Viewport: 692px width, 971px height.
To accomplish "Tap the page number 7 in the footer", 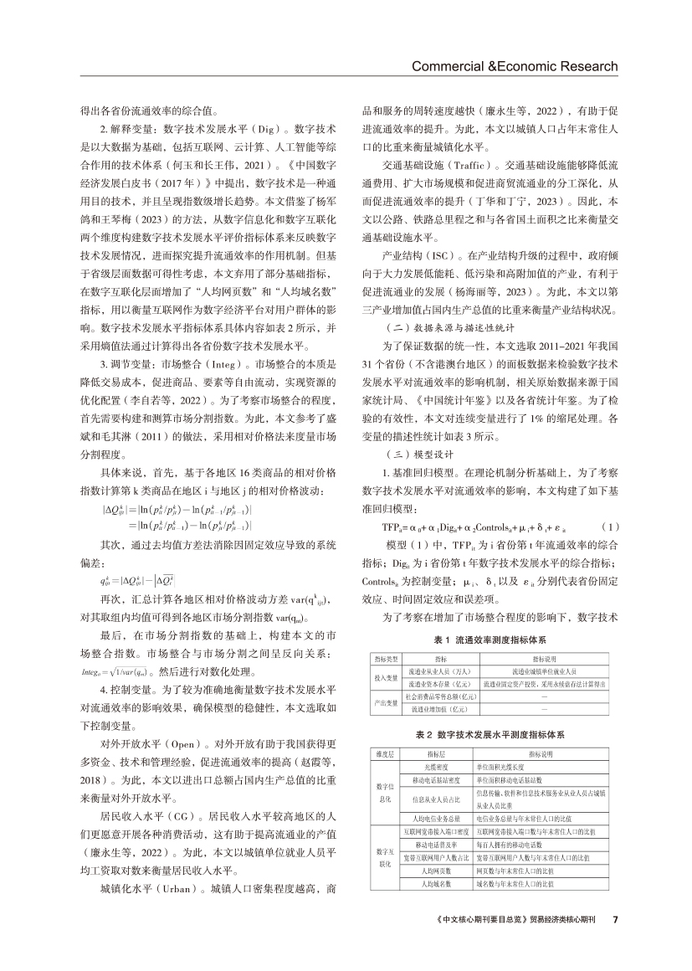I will click(x=615, y=918).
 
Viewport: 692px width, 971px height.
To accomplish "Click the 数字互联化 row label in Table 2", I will click(x=384, y=858).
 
